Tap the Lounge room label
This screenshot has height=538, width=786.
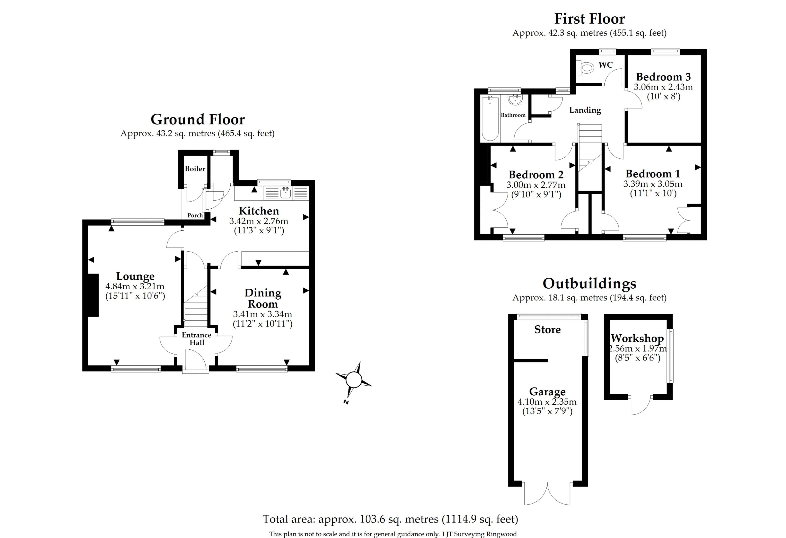(x=135, y=276)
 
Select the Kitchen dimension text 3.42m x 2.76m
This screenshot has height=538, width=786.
(x=259, y=221)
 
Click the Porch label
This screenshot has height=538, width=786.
(x=195, y=215)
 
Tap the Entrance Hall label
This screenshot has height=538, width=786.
(x=196, y=338)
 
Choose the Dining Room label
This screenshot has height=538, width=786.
(x=263, y=298)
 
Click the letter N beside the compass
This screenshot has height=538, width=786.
(x=346, y=402)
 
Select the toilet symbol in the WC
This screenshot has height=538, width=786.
(x=585, y=68)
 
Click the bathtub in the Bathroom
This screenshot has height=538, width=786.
(x=490, y=118)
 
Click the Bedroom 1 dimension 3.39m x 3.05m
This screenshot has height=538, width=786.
(x=653, y=184)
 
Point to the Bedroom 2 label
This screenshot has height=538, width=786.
(x=536, y=175)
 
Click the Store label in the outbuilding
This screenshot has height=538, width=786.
(x=548, y=329)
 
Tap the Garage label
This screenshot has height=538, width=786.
(x=547, y=392)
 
